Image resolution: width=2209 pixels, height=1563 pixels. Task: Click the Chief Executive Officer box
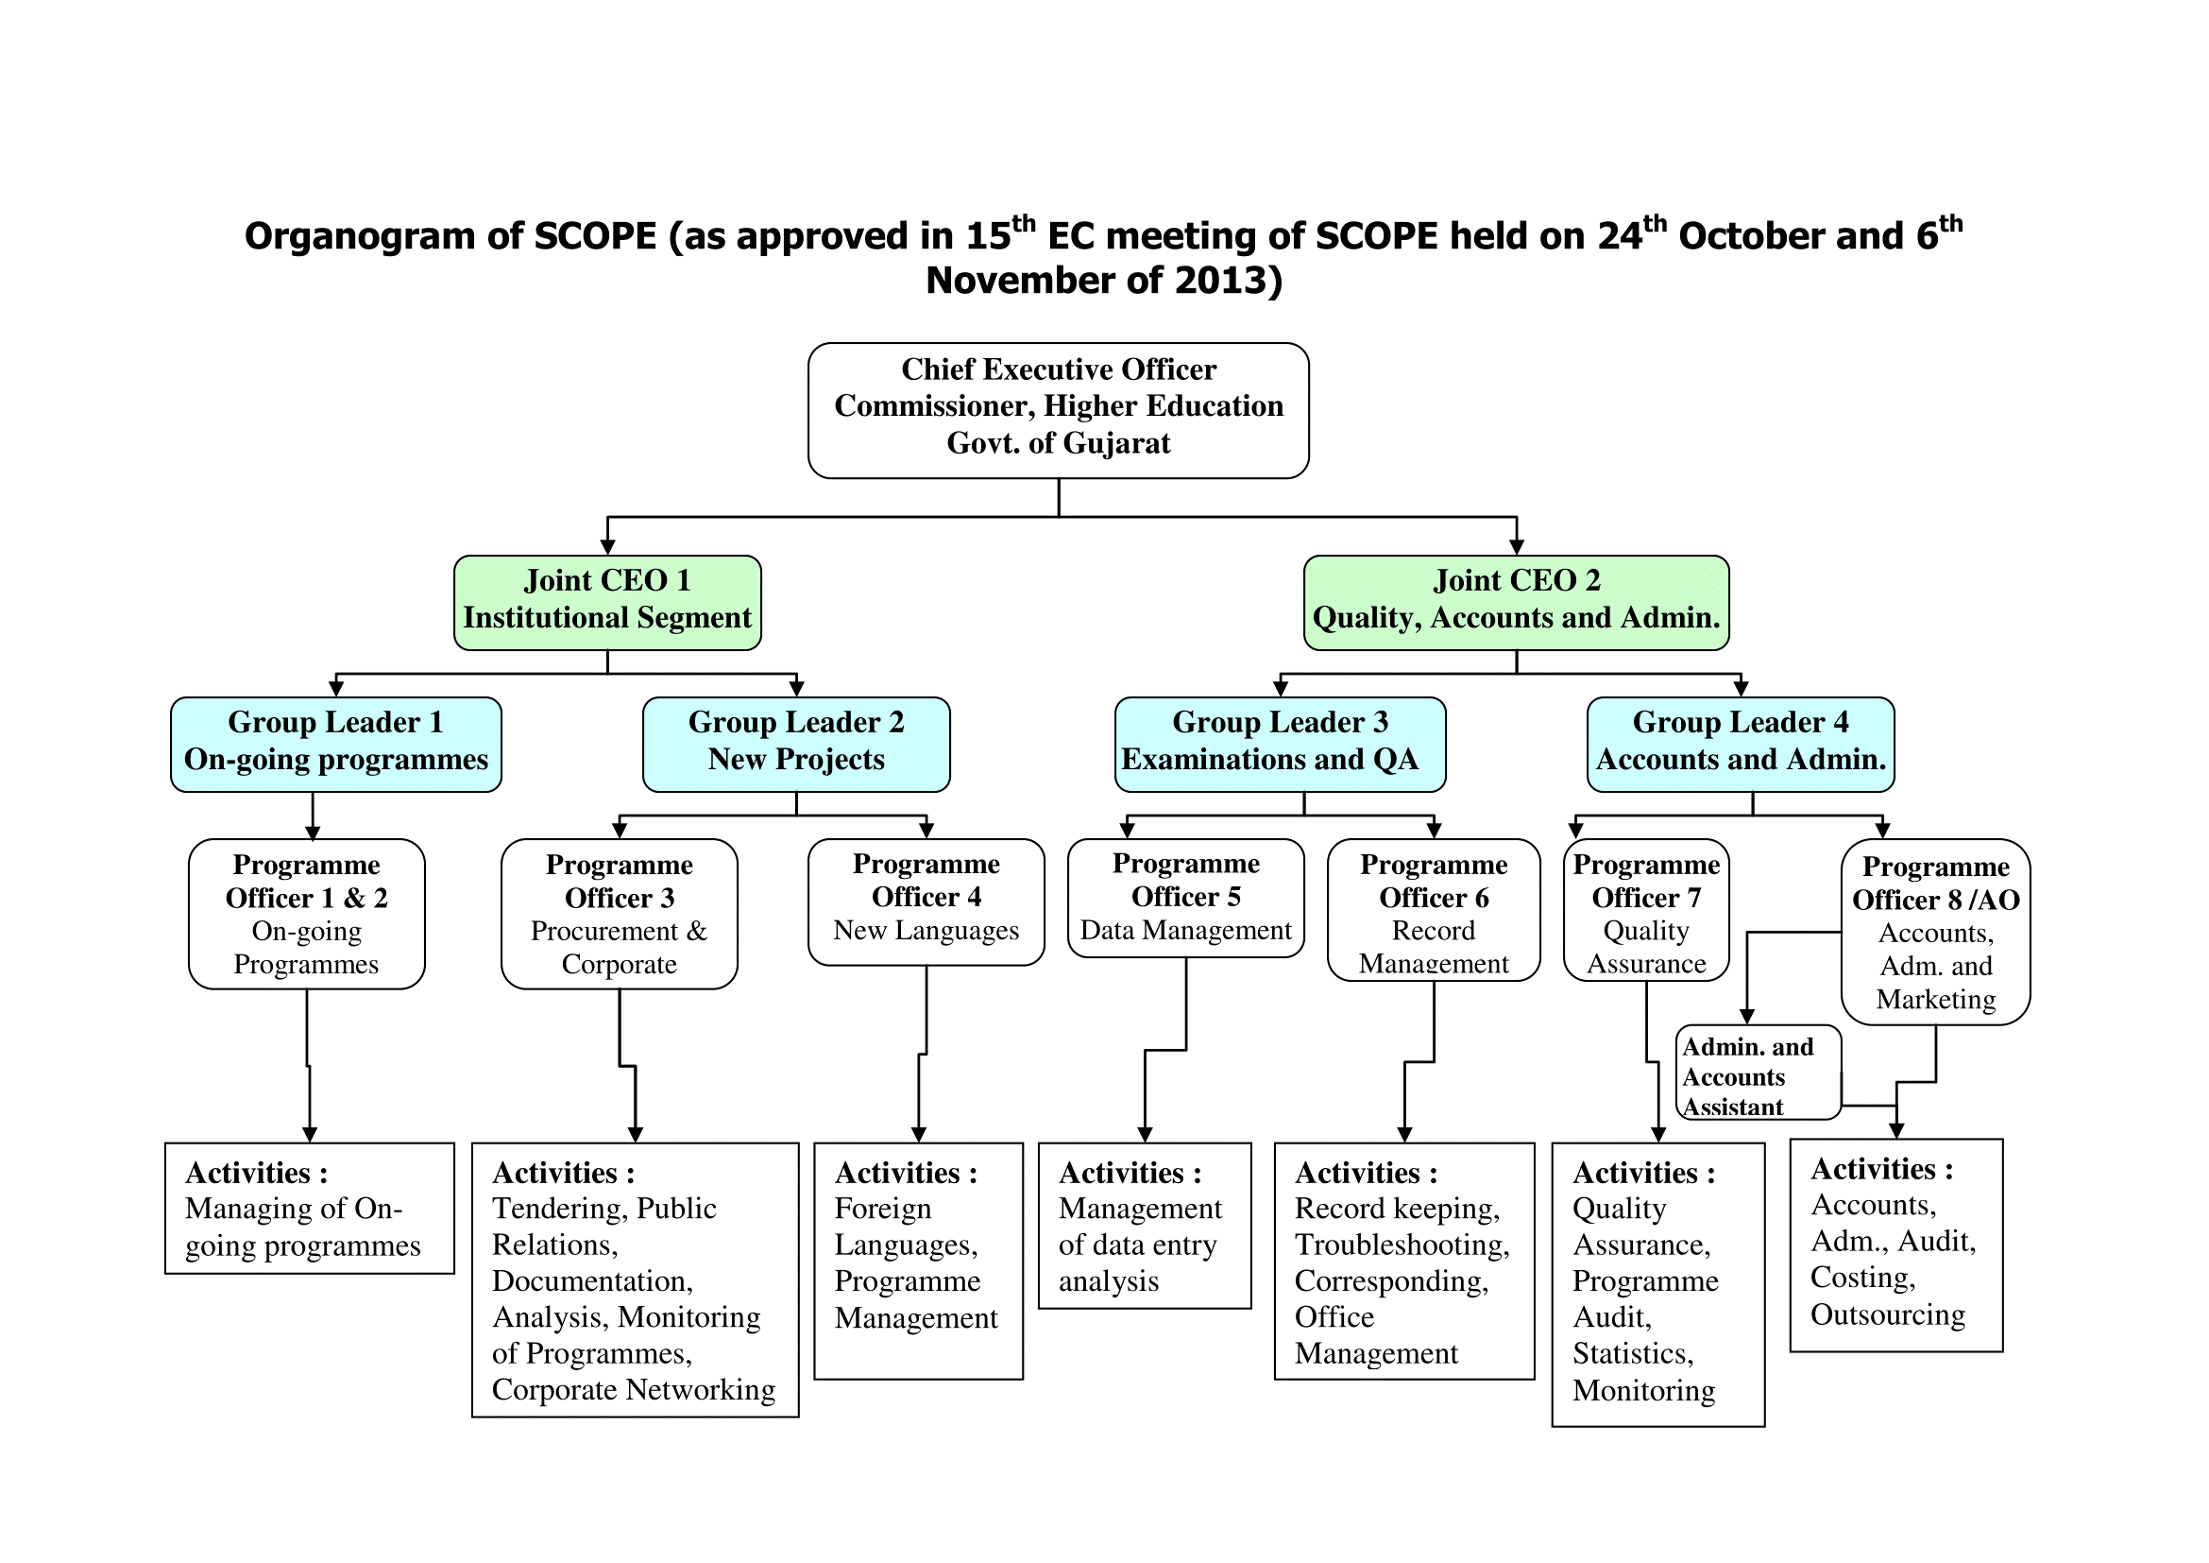pyautogui.click(x=1059, y=410)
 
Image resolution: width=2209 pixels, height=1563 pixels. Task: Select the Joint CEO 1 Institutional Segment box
pyautogui.click(x=607, y=603)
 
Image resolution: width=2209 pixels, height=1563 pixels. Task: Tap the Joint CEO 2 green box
pyautogui.click(x=1517, y=603)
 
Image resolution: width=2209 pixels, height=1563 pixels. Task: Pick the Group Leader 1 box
pyautogui.click(x=336, y=744)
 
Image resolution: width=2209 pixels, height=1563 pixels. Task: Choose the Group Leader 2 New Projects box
pyautogui.click(x=795, y=744)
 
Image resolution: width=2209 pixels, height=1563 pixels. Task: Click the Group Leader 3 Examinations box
pyautogui.click(x=1280, y=744)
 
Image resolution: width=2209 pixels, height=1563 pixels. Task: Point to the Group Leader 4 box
pyautogui.click(x=1741, y=744)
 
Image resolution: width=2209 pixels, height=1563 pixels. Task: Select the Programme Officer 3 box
pyautogui.click(x=619, y=914)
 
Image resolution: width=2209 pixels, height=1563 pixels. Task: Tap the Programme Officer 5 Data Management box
pyautogui.click(x=1185, y=898)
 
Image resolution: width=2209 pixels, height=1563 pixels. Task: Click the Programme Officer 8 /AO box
pyautogui.click(x=1935, y=932)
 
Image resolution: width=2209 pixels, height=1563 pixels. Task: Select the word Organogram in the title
pyautogui.click(x=359, y=237)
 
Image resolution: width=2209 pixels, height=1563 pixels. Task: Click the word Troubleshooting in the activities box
pyautogui.click(x=1401, y=1245)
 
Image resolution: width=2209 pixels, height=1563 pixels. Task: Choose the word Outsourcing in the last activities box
pyautogui.click(x=1888, y=1314)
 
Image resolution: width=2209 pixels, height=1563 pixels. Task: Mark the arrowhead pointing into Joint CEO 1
pyautogui.click(x=607, y=546)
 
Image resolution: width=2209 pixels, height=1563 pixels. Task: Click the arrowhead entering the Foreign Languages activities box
pyautogui.click(x=919, y=1135)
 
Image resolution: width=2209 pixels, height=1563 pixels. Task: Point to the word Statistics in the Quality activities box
pyautogui.click(x=1633, y=1354)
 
